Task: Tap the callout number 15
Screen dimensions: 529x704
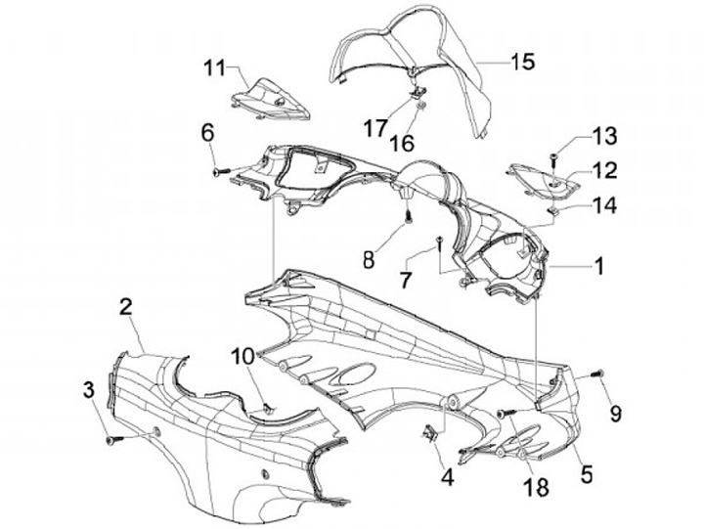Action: pos(523,62)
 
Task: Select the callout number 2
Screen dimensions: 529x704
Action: pos(126,305)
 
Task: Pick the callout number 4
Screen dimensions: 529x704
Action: pos(446,479)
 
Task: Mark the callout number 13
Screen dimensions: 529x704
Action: pos(576,135)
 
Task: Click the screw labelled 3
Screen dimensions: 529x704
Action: pos(110,441)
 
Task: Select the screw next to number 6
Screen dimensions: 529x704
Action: pos(218,172)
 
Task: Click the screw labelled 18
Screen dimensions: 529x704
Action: pos(506,415)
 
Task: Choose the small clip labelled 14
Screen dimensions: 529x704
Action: pos(552,207)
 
